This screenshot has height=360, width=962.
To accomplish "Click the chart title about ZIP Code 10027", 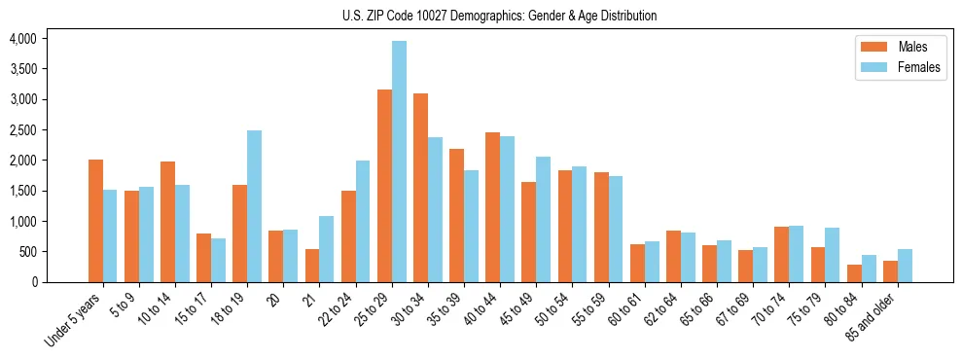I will click(499, 16).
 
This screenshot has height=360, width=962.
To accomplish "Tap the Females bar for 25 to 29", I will click(399, 162).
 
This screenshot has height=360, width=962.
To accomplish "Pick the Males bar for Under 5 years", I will click(95, 221).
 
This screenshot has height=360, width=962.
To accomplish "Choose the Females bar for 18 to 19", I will click(254, 206).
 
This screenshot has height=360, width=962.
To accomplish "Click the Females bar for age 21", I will click(327, 249).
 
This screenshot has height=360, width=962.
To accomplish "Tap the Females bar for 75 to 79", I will click(832, 255).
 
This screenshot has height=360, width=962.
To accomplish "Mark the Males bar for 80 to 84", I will click(853, 273).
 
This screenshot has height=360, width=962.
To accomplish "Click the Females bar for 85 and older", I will click(905, 266).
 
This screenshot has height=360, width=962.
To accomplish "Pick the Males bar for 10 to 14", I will click(167, 222).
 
